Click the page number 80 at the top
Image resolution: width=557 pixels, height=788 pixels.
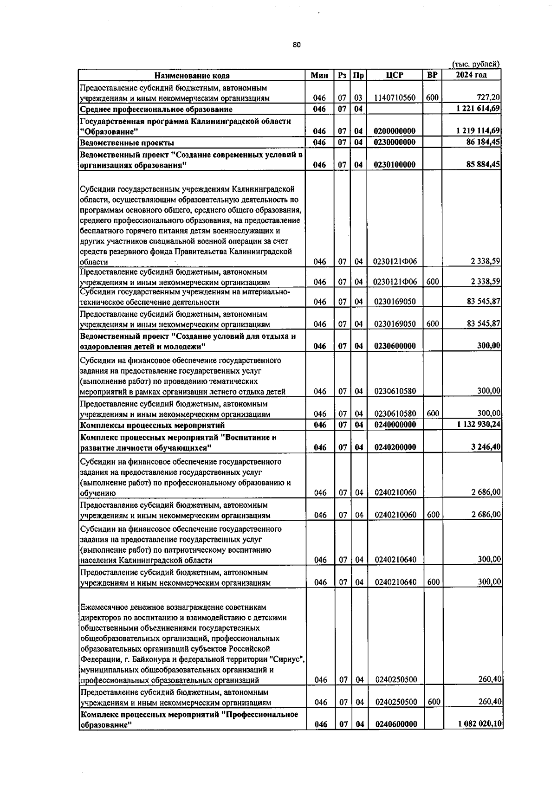(297, 45)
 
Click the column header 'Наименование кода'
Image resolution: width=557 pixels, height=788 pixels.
(192, 76)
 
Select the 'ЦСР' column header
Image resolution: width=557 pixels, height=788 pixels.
(394, 75)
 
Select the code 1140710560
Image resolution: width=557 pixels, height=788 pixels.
(395, 98)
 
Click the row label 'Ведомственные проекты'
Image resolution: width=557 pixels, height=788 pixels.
(127, 142)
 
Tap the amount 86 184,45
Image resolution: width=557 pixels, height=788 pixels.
(483, 142)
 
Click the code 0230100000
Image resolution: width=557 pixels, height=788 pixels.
(395, 165)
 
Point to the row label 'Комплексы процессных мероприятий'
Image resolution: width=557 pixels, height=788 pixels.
(152, 425)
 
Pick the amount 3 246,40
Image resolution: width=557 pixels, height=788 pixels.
(486, 447)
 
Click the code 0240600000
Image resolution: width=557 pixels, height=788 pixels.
(395, 737)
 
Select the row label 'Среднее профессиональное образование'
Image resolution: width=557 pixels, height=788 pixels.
(156, 110)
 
